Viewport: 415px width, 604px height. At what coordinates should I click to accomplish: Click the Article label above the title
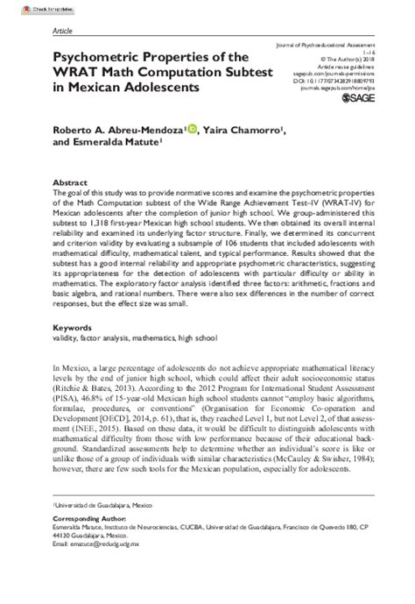pos(62,29)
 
